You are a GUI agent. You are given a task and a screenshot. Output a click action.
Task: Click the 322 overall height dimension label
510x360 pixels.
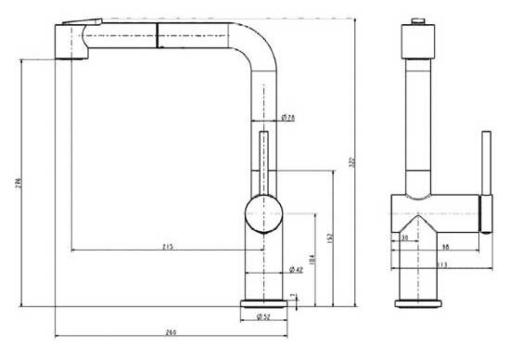(351, 161)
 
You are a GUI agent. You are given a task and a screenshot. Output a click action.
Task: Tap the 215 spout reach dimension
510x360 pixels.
(168, 246)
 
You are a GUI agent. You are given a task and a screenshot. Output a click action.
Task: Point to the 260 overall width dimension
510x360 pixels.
(172, 331)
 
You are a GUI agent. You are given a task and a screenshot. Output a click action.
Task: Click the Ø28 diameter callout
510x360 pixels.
(287, 118)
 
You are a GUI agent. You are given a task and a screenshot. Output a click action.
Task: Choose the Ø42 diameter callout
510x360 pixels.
(296, 269)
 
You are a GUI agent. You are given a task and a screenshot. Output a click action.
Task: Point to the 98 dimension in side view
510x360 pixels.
(446, 246)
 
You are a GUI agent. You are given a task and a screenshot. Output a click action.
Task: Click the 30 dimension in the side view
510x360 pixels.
(405, 238)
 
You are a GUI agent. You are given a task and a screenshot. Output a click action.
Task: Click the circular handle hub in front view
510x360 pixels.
(262, 214)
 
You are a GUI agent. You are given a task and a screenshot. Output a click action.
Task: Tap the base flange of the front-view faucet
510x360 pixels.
(263, 303)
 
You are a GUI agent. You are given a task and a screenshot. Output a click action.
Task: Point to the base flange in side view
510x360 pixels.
(416, 302)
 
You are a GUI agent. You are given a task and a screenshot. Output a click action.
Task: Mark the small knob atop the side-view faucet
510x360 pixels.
(417, 20)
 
